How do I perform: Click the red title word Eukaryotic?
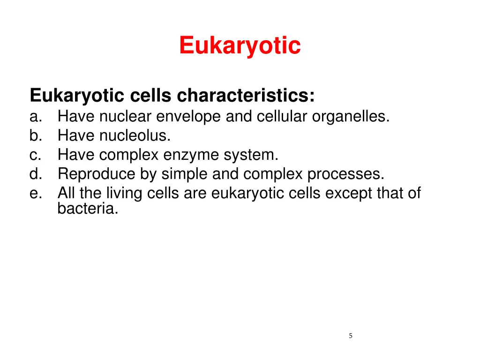pyautogui.click(x=240, y=46)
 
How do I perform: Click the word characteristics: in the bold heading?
pyautogui.click(x=246, y=96)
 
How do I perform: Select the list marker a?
pyautogui.click(x=36, y=116)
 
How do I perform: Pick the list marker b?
pyautogui.click(x=36, y=135)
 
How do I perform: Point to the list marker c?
pyautogui.click(x=36, y=155)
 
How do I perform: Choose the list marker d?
pyautogui.click(x=36, y=174)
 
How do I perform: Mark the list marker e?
pyautogui.click(x=36, y=193)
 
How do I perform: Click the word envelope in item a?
pyautogui.click(x=189, y=116)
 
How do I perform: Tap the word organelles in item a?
pyautogui.click(x=350, y=116)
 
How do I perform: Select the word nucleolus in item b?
pyautogui.click(x=135, y=135)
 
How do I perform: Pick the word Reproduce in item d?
pyautogui.click(x=97, y=174)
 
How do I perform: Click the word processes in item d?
pyautogui.click(x=345, y=174)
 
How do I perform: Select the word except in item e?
pyautogui.click(x=349, y=193)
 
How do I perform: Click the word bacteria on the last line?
pyautogui.click(x=88, y=209)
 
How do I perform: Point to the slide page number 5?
pyautogui.click(x=351, y=336)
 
